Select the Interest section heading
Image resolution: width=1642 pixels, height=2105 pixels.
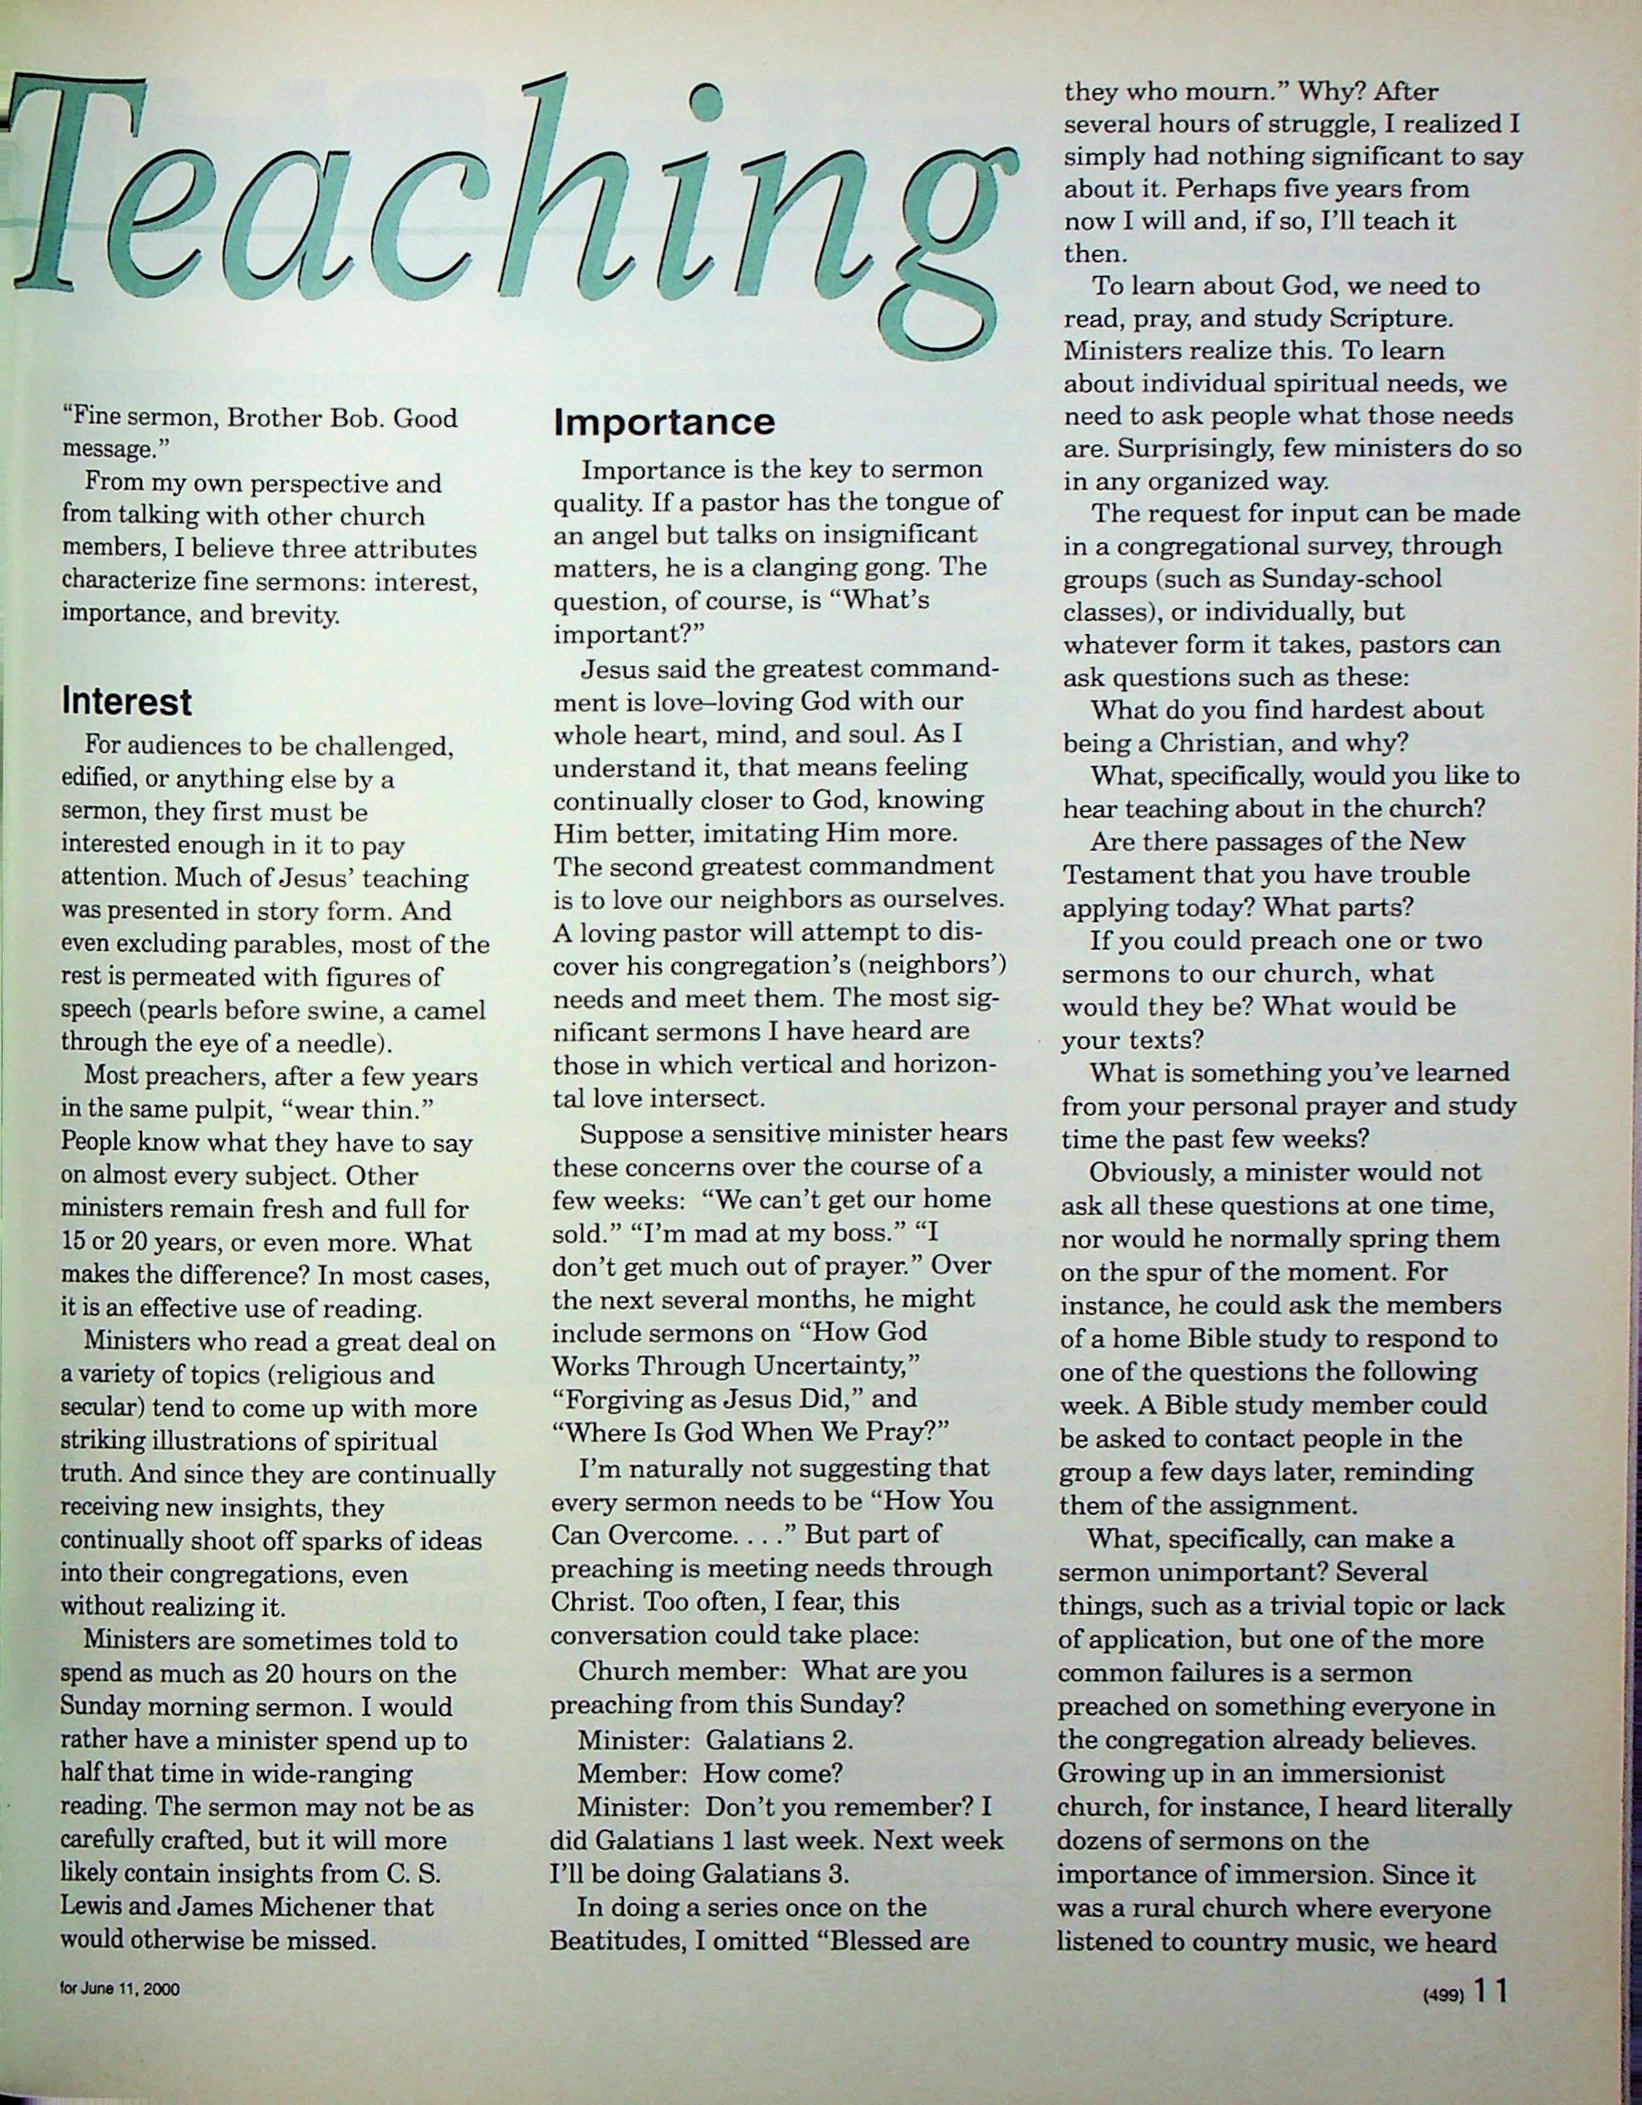(127, 701)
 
